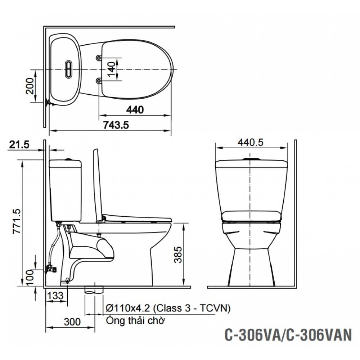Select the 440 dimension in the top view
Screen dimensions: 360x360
135,109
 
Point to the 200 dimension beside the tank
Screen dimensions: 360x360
31,86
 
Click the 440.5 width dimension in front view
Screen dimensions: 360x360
251,142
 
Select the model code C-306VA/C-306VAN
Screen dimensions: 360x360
287,336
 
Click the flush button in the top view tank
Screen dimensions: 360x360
68,68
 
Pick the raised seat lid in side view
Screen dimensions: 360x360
98,184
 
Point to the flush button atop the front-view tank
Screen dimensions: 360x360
251,159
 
